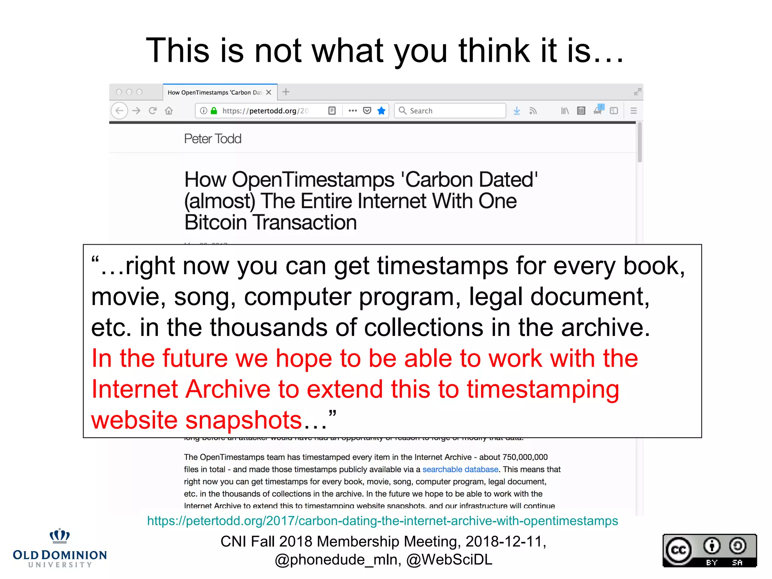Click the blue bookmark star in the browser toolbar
click(381, 111)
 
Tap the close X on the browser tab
click(268, 92)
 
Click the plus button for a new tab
click(286, 92)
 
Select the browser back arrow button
click(119, 111)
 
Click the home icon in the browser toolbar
click(169, 111)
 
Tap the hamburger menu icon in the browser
click(633, 111)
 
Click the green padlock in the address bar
click(214, 111)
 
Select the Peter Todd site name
click(213, 139)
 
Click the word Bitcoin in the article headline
click(215, 222)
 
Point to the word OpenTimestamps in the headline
click(312, 179)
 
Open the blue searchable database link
click(460, 469)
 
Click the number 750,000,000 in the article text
click(525, 457)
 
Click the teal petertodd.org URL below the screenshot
click(382, 521)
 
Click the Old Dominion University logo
click(60, 548)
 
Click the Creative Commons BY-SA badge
click(709, 550)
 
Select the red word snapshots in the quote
click(244, 420)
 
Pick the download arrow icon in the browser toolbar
click(517, 111)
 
